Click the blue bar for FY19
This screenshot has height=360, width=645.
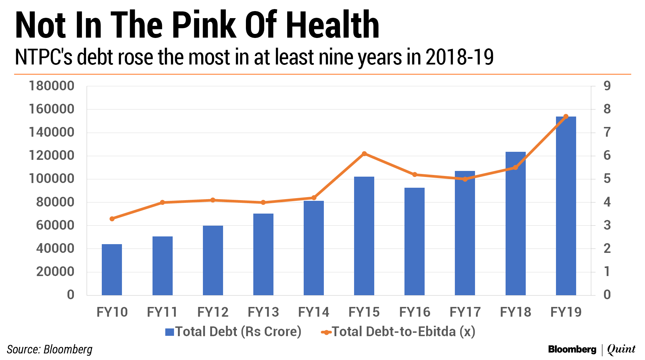pos(566,206)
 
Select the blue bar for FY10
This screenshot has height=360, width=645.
pos(112,269)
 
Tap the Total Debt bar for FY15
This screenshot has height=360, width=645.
pos(364,236)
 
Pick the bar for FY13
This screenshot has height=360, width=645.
pos(263,254)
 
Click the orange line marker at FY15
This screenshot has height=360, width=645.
pos(364,154)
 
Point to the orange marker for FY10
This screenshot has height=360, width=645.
pos(112,219)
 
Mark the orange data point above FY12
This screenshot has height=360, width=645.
pos(213,200)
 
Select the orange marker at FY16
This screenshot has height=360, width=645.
pos(415,175)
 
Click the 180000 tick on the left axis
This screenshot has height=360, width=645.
pos(51,86)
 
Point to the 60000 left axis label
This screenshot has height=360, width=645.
pos(55,225)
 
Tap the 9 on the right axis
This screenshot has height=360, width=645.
pos(607,86)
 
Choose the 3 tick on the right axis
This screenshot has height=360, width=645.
pos(607,225)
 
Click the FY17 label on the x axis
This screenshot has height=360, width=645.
pos(465,312)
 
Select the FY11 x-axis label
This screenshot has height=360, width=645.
pos(162,312)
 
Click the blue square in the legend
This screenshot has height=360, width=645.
pos(169,332)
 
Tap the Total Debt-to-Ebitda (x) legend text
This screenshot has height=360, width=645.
pos(403,332)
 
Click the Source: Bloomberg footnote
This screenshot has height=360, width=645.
pos(49,350)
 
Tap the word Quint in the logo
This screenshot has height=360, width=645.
pos(621,350)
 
